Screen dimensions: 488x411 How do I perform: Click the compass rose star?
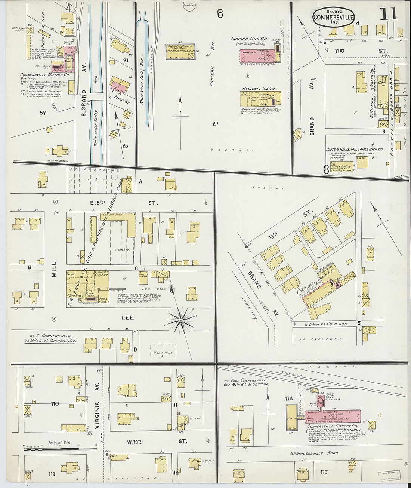pos(181,320)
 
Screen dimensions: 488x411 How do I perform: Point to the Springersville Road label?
pos(315,454)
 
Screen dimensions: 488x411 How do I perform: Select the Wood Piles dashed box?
pos(163,353)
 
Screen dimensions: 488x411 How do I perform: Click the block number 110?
pos(55,404)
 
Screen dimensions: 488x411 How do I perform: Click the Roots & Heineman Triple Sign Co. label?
pos(354,149)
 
